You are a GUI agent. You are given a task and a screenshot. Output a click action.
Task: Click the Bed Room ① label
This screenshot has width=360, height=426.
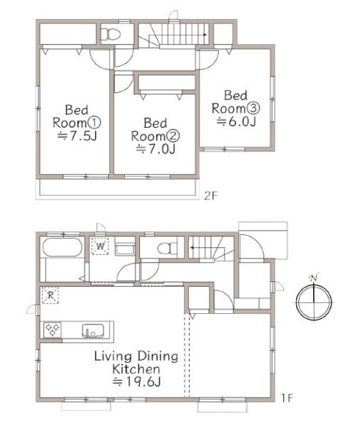77,116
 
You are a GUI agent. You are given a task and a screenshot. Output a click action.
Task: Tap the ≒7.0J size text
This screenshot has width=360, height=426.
156,149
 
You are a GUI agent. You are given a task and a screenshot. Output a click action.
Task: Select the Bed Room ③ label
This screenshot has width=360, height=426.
236,102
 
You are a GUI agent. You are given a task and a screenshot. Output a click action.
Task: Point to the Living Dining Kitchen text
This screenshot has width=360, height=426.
136,362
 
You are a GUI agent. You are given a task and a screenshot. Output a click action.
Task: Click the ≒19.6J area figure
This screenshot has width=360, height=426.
136,382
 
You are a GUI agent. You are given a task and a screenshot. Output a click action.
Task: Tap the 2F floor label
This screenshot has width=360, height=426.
211,196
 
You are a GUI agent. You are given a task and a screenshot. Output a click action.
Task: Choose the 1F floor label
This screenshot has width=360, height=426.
287,398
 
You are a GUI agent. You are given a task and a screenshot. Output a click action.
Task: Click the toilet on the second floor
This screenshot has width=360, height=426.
111,34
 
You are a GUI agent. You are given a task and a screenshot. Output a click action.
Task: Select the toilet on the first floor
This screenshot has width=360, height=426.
167,248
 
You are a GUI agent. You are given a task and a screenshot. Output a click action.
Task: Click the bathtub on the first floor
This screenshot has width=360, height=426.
62,247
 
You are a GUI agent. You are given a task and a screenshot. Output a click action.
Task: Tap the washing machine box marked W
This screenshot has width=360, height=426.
100,246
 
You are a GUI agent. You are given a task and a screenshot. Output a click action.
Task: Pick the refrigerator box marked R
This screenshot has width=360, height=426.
50,295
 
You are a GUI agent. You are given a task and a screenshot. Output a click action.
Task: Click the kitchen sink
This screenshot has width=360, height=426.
93,330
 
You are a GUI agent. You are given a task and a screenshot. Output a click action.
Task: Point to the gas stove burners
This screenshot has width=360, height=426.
53,330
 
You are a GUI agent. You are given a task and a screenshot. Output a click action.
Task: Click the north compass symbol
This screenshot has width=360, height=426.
314,302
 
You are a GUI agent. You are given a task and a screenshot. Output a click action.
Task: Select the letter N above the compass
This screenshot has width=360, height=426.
314,278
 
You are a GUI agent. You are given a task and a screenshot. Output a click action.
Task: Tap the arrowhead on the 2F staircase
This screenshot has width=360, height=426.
205,35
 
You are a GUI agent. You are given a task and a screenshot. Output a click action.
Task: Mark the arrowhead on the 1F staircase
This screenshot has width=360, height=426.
191,248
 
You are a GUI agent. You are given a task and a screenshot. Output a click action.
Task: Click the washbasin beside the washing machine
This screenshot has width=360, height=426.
125,248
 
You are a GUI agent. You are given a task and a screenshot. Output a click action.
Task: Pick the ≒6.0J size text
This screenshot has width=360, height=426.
236,121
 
